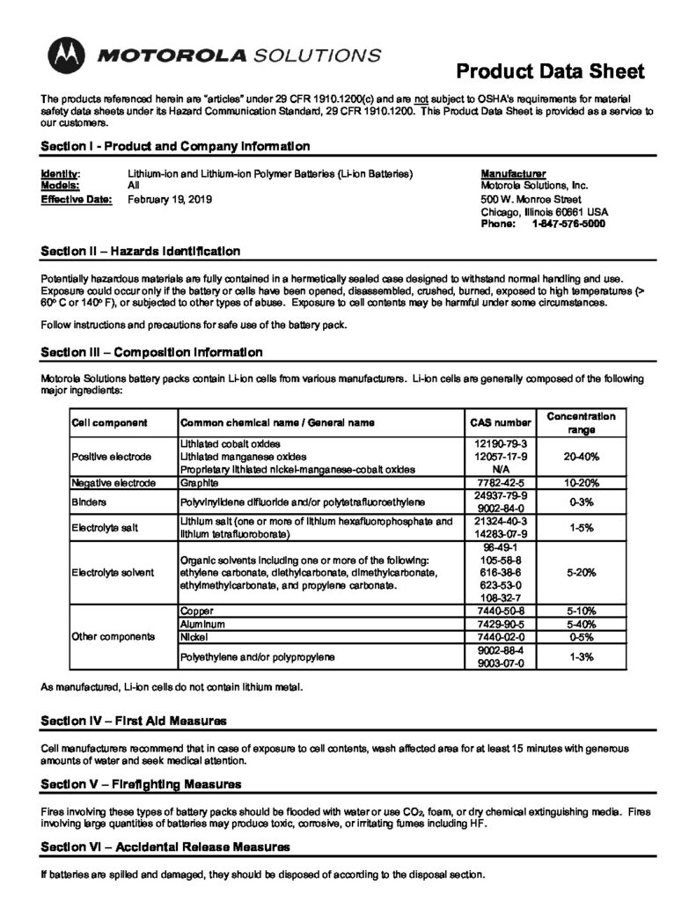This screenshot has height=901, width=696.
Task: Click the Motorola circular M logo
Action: [x=64, y=56]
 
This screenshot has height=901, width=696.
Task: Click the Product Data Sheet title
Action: [x=551, y=71]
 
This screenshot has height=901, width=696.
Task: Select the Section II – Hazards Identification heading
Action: [x=141, y=251]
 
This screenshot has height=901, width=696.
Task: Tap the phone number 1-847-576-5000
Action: [x=568, y=223]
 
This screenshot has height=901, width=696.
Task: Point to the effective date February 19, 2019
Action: [x=170, y=199]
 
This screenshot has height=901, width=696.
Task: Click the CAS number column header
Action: [x=499, y=422]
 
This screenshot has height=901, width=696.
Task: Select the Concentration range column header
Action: [x=581, y=422]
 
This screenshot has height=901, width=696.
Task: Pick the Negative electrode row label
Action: [x=114, y=482]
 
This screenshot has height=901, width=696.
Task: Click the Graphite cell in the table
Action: [x=198, y=482]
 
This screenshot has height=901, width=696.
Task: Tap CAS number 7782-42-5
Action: [x=499, y=482]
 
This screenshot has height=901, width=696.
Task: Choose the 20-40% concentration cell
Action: [x=581, y=457]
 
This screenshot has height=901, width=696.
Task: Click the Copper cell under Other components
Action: [x=197, y=610]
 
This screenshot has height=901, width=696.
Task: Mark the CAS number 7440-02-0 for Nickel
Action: [x=499, y=635]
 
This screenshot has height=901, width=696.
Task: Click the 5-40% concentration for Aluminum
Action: [x=581, y=623]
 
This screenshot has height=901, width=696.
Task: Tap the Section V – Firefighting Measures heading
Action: [x=142, y=783]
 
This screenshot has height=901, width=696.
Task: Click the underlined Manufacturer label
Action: [x=514, y=173]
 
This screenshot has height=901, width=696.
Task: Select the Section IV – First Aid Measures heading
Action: [x=135, y=722]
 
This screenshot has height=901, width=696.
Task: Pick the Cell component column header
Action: [x=109, y=422]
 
